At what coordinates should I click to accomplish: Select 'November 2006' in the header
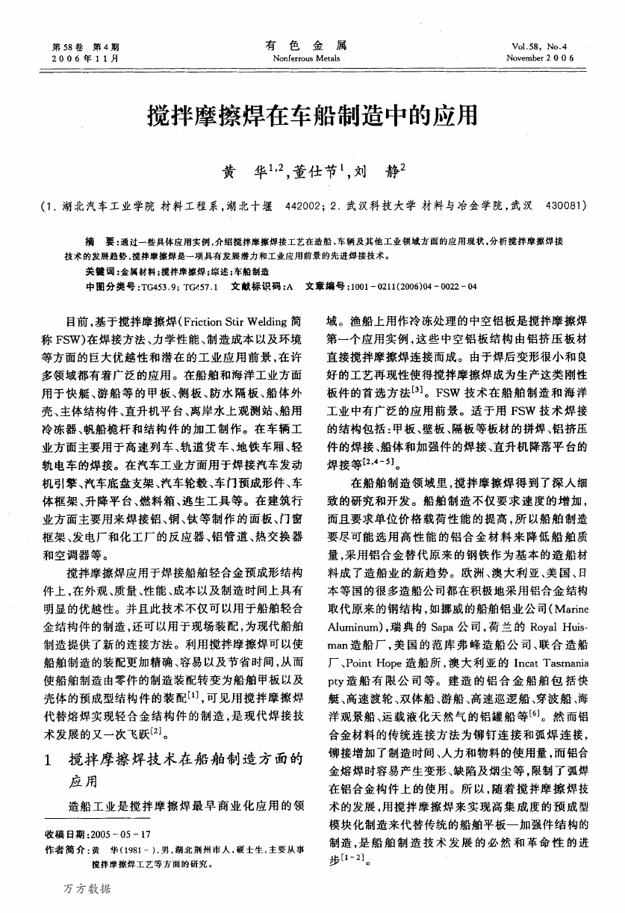[x=540, y=58]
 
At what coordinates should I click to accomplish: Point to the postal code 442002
[x=303, y=204]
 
